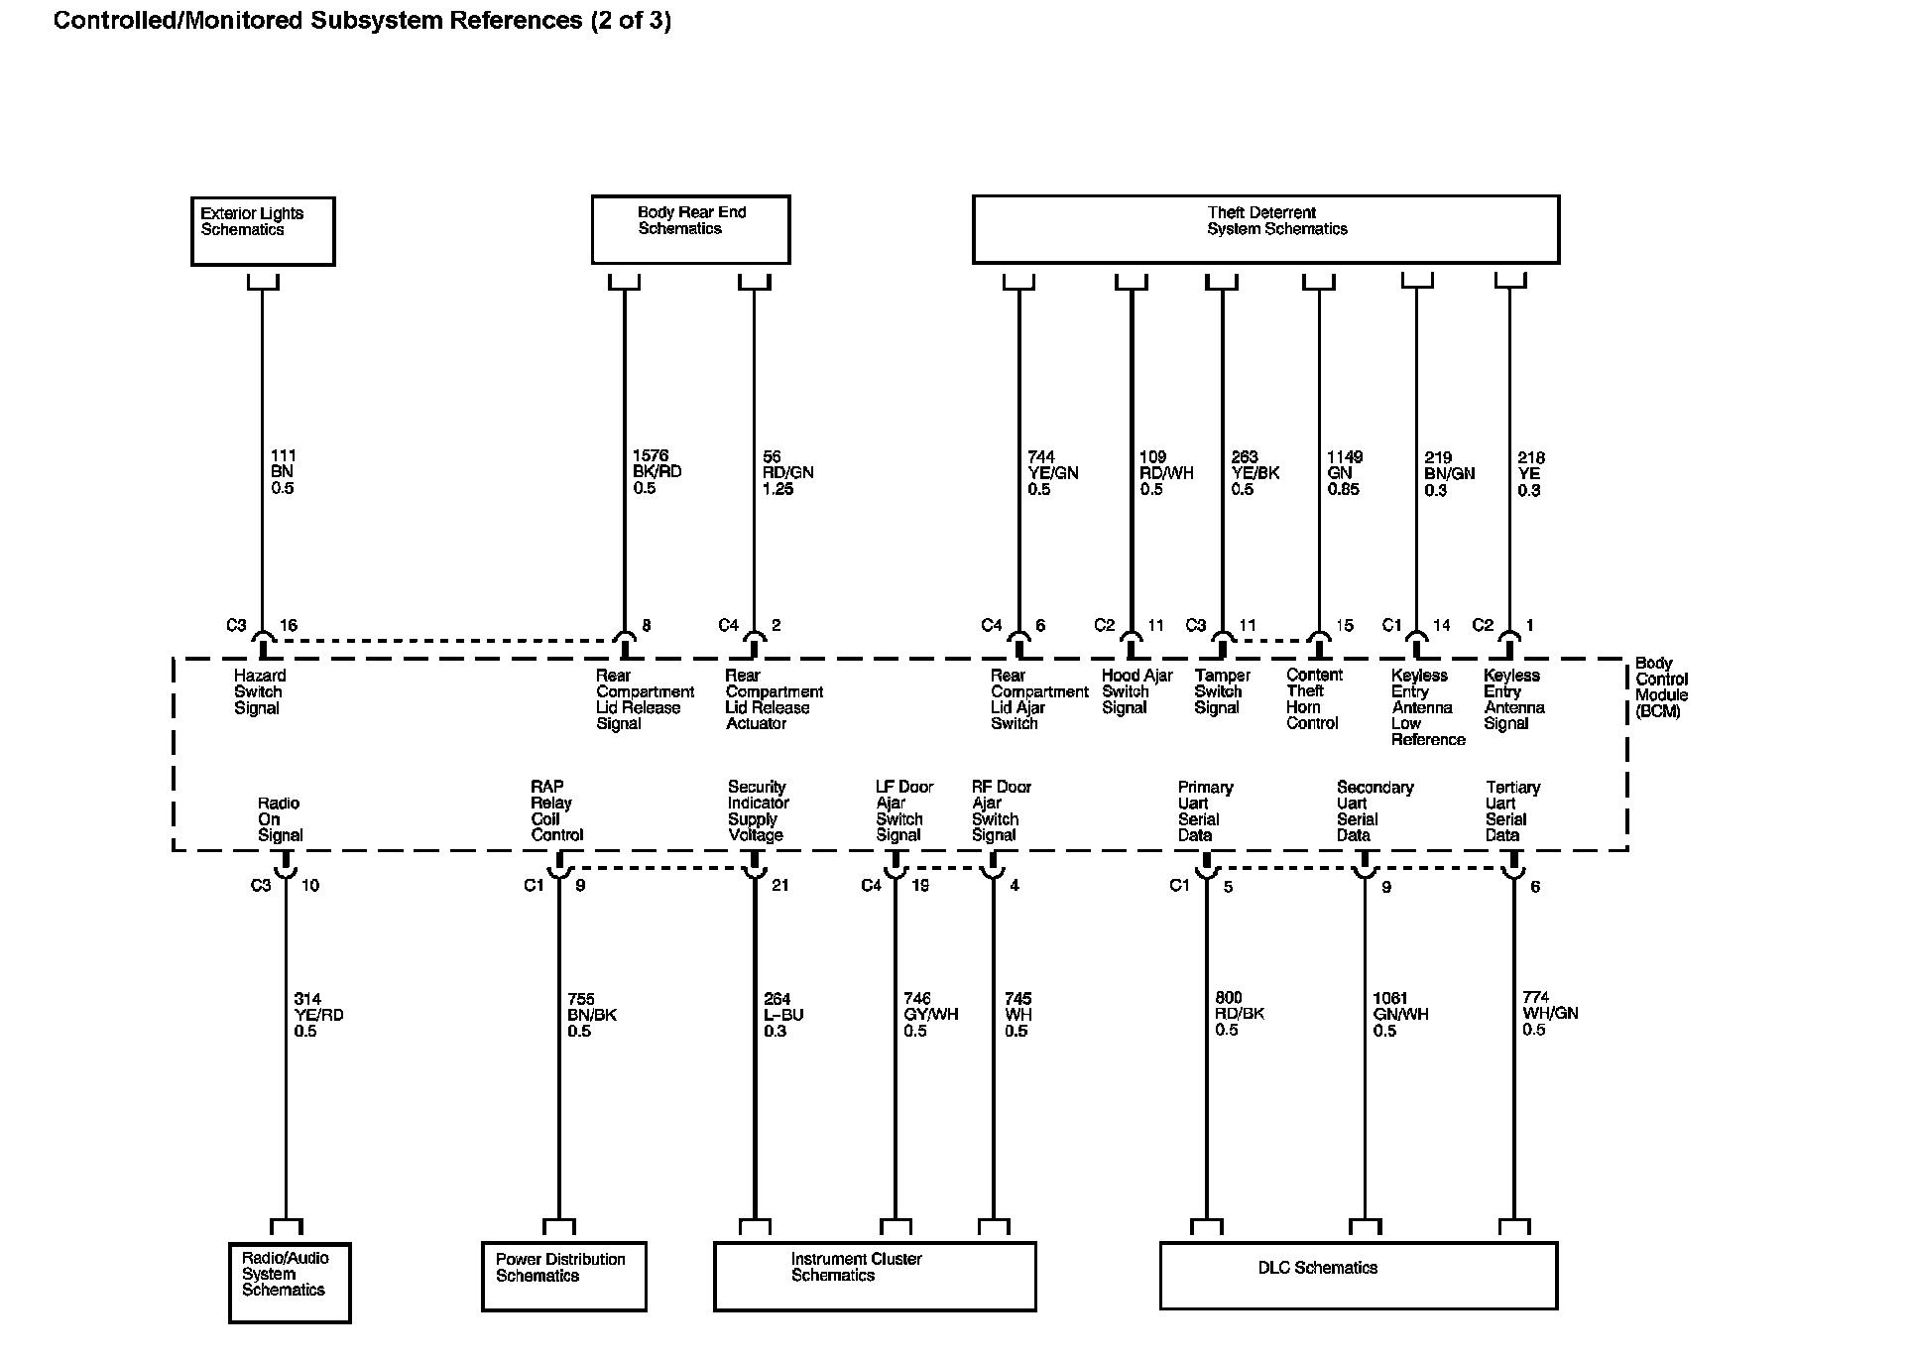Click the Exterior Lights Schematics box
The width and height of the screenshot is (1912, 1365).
click(x=263, y=231)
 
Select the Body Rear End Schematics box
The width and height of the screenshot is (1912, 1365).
click(x=690, y=229)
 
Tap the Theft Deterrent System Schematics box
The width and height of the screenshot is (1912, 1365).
click(x=1265, y=229)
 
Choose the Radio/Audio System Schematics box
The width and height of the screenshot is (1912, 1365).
click(x=290, y=1282)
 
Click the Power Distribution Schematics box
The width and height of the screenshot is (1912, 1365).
click(x=563, y=1276)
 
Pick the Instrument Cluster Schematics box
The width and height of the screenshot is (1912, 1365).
click(x=875, y=1276)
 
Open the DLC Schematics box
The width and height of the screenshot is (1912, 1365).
click(x=1359, y=1275)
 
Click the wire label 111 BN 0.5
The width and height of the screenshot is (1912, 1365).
click(x=283, y=472)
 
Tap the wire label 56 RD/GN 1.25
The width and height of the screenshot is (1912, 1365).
click(x=787, y=473)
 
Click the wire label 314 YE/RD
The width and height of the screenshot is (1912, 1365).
click(x=318, y=1015)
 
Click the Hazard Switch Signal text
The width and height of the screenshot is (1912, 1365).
click(x=259, y=691)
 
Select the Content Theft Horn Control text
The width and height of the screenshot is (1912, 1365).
click(x=1313, y=698)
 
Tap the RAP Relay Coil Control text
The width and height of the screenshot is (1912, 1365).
click(x=556, y=810)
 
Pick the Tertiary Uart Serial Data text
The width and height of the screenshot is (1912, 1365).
click(x=1511, y=810)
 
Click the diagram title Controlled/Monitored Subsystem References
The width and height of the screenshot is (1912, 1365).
click(x=362, y=20)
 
